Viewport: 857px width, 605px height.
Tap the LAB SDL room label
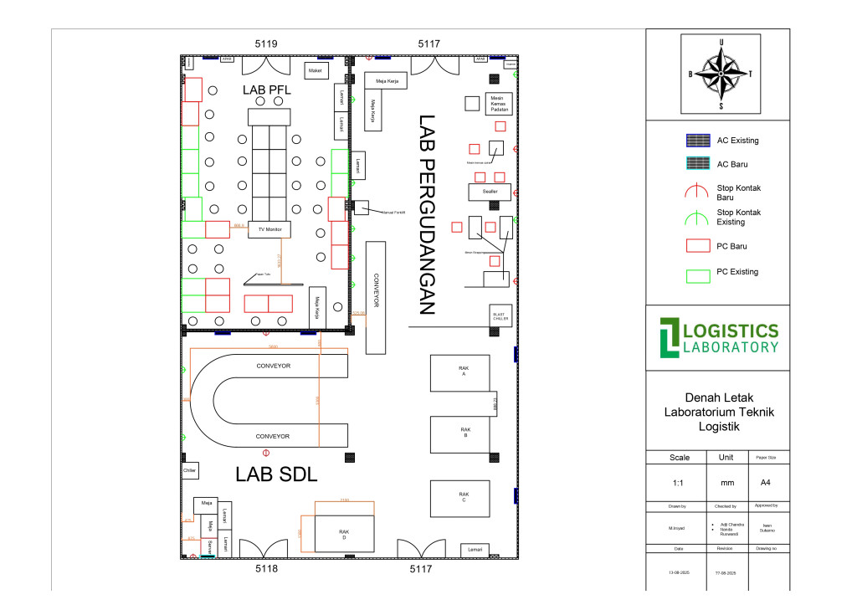276,474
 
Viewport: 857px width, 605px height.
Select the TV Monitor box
269,228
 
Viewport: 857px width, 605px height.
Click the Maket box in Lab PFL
316,71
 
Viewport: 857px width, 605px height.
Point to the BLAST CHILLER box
500,315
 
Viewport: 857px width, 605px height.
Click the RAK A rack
462,372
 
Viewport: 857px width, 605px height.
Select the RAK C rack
463,498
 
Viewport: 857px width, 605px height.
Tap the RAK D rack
343,533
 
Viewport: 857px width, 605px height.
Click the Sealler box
490,192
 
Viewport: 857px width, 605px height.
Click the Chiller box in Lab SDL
189,471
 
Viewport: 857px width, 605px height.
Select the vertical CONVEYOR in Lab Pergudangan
376,297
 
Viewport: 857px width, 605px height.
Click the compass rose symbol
721,74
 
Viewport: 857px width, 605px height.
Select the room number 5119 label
266,43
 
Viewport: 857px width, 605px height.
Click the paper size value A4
765,484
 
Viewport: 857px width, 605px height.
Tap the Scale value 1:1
680,484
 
